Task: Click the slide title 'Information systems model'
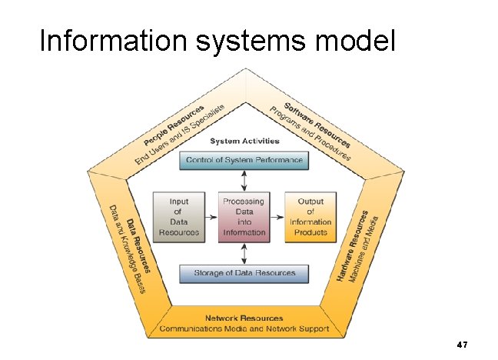point(217,42)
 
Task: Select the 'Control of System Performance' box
point(244,161)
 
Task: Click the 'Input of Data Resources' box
point(179,216)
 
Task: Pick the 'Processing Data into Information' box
point(244,216)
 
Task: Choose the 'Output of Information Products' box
point(310,216)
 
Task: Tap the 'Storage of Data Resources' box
point(244,274)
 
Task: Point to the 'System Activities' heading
point(244,141)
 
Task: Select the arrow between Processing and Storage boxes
point(244,254)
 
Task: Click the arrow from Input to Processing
point(211,216)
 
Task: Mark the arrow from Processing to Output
point(277,216)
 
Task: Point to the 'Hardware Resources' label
point(354,245)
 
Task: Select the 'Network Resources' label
point(244,318)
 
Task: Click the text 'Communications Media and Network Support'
point(244,328)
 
